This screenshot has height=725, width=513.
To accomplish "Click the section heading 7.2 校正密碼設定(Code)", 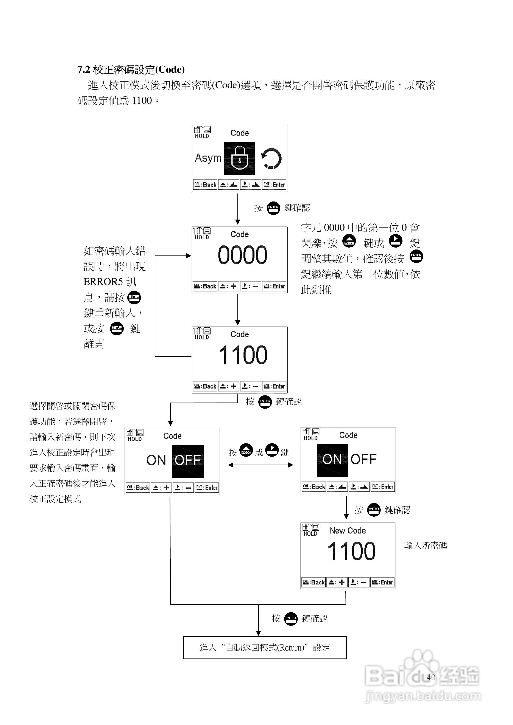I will click(x=131, y=70).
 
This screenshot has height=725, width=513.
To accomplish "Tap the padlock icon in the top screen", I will click(x=239, y=158).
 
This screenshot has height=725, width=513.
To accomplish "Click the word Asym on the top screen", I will click(x=208, y=158).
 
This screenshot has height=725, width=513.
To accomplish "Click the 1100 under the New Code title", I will click(x=351, y=551).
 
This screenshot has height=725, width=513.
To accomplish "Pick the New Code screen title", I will click(x=348, y=531).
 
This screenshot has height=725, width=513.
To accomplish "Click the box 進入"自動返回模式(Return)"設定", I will click(x=265, y=648).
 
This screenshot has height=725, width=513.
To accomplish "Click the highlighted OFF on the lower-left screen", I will click(x=188, y=461).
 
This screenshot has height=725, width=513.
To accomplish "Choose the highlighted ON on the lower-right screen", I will click(x=332, y=460).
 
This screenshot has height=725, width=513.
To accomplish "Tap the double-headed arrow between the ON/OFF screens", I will click(x=260, y=465).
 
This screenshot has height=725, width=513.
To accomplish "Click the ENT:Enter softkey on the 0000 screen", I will click(x=274, y=286).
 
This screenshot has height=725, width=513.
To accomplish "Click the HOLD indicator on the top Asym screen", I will click(x=202, y=136).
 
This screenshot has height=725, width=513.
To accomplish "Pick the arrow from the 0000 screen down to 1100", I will click(x=238, y=310).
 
